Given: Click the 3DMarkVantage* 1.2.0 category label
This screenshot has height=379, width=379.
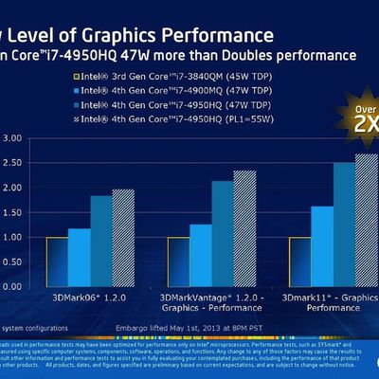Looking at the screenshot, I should pyautogui.click(x=208, y=305).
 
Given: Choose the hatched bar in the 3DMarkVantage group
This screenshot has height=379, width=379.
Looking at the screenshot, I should pyautogui.click(x=244, y=229).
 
